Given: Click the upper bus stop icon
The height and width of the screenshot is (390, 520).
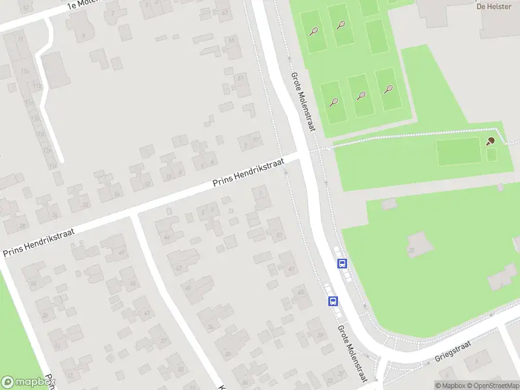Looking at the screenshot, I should tap(342, 263).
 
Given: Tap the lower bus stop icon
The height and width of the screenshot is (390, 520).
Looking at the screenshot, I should tap(333, 301).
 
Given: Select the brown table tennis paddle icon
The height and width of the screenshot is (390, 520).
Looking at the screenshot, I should tap(491, 140).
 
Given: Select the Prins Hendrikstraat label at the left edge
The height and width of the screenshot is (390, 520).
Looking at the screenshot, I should tap(39, 241).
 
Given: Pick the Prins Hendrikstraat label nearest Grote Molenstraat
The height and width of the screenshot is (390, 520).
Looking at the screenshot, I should tap(249, 173).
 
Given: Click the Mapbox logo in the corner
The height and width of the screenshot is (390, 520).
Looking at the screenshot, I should tap(27, 382).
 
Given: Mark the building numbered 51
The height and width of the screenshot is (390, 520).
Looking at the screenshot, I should tap(278, 235).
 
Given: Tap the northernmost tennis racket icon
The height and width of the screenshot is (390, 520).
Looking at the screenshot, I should tap(341, 25).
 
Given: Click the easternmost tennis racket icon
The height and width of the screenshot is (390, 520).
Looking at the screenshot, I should tap(389, 89).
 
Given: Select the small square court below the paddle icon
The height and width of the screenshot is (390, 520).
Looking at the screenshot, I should tap(491, 155).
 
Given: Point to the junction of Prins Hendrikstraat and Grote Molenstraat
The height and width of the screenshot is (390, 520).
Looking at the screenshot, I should tap(304, 156).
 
